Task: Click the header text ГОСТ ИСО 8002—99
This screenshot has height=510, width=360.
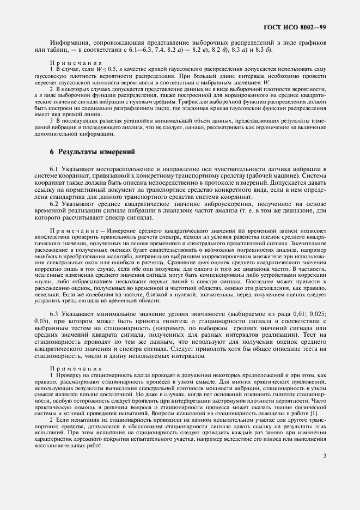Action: (295, 26)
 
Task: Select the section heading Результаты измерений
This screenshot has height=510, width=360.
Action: (96, 152)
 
